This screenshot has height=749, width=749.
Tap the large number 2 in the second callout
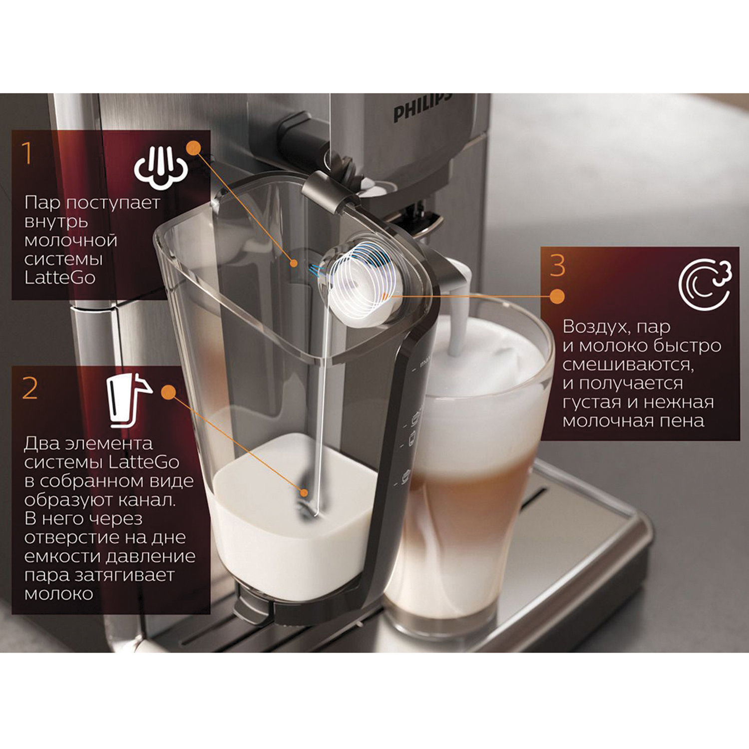point(30,388)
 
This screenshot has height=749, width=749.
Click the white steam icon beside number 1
point(161,168)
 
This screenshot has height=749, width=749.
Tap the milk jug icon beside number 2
point(128,400)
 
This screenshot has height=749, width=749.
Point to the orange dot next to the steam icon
point(193,148)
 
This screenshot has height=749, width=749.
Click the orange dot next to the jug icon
point(169,392)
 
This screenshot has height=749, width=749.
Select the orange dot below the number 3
point(557,296)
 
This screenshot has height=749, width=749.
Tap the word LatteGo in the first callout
point(59,278)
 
